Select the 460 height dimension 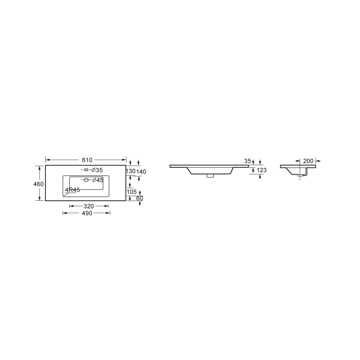(x=38, y=184)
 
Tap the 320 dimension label (x=89, y=206)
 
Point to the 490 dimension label (x=86, y=213)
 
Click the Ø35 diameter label (x=98, y=170)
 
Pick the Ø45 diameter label (x=98, y=180)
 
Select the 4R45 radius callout (x=72, y=190)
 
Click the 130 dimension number (x=130, y=171)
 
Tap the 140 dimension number (x=141, y=171)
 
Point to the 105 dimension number (x=132, y=192)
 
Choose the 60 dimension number (x=139, y=198)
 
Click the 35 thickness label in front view (x=247, y=161)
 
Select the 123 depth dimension (x=262, y=170)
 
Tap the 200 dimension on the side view (x=308, y=161)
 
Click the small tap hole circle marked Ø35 (x=86, y=170)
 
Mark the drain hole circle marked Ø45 (x=85, y=180)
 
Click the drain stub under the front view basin (x=210, y=175)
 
